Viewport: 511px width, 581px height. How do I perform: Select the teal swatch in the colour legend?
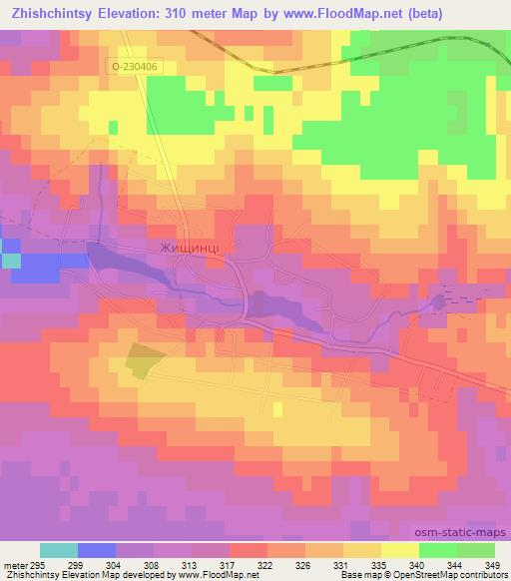58,549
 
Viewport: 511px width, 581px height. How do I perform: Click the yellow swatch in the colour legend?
399,549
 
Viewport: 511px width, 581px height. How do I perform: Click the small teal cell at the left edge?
10,261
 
